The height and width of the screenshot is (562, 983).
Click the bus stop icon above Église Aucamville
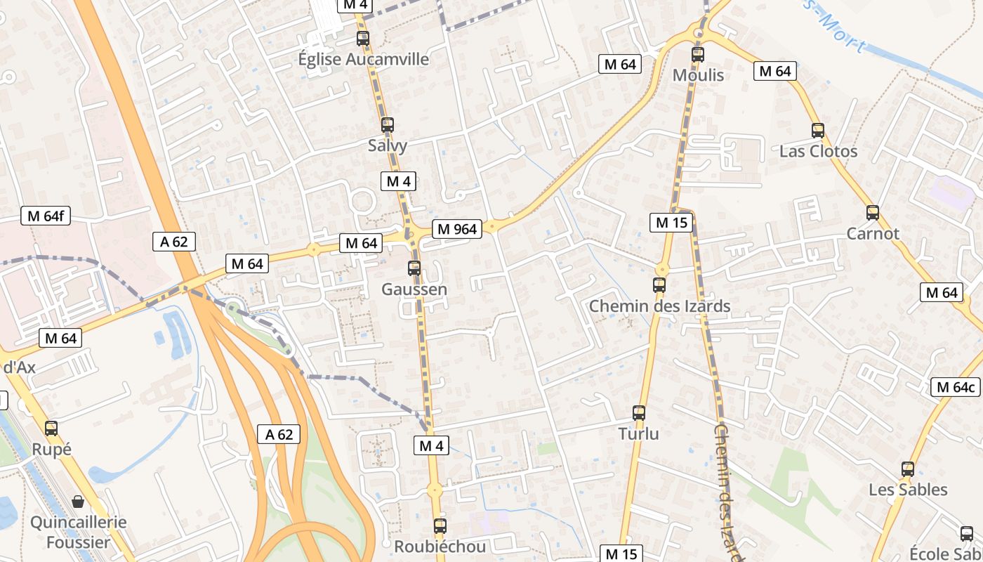coord(363,39)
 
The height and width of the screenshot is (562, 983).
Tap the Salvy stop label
coord(388,145)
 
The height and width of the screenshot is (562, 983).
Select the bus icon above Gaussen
coord(414,268)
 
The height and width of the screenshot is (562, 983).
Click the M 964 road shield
coord(457,229)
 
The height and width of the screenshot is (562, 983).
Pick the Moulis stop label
coord(698,74)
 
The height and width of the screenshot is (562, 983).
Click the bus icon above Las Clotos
coord(818,130)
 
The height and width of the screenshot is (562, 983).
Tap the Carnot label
coord(873,233)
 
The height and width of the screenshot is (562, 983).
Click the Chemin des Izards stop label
coord(659,306)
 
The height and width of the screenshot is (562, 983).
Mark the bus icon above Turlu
coord(639,412)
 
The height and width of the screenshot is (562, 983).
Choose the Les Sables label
coord(908,490)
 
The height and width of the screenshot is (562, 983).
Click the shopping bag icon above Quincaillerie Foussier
coord(78,502)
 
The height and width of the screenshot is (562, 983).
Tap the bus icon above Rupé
coord(51,428)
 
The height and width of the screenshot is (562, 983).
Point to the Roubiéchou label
coord(440,547)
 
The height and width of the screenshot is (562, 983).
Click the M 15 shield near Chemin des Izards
coord(671,223)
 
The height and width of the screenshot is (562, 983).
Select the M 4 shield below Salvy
coord(399,181)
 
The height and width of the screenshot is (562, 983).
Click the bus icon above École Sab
coord(967,533)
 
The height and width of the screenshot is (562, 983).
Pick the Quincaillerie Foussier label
coord(78,532)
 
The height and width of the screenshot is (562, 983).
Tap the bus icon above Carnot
coord(873,212)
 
